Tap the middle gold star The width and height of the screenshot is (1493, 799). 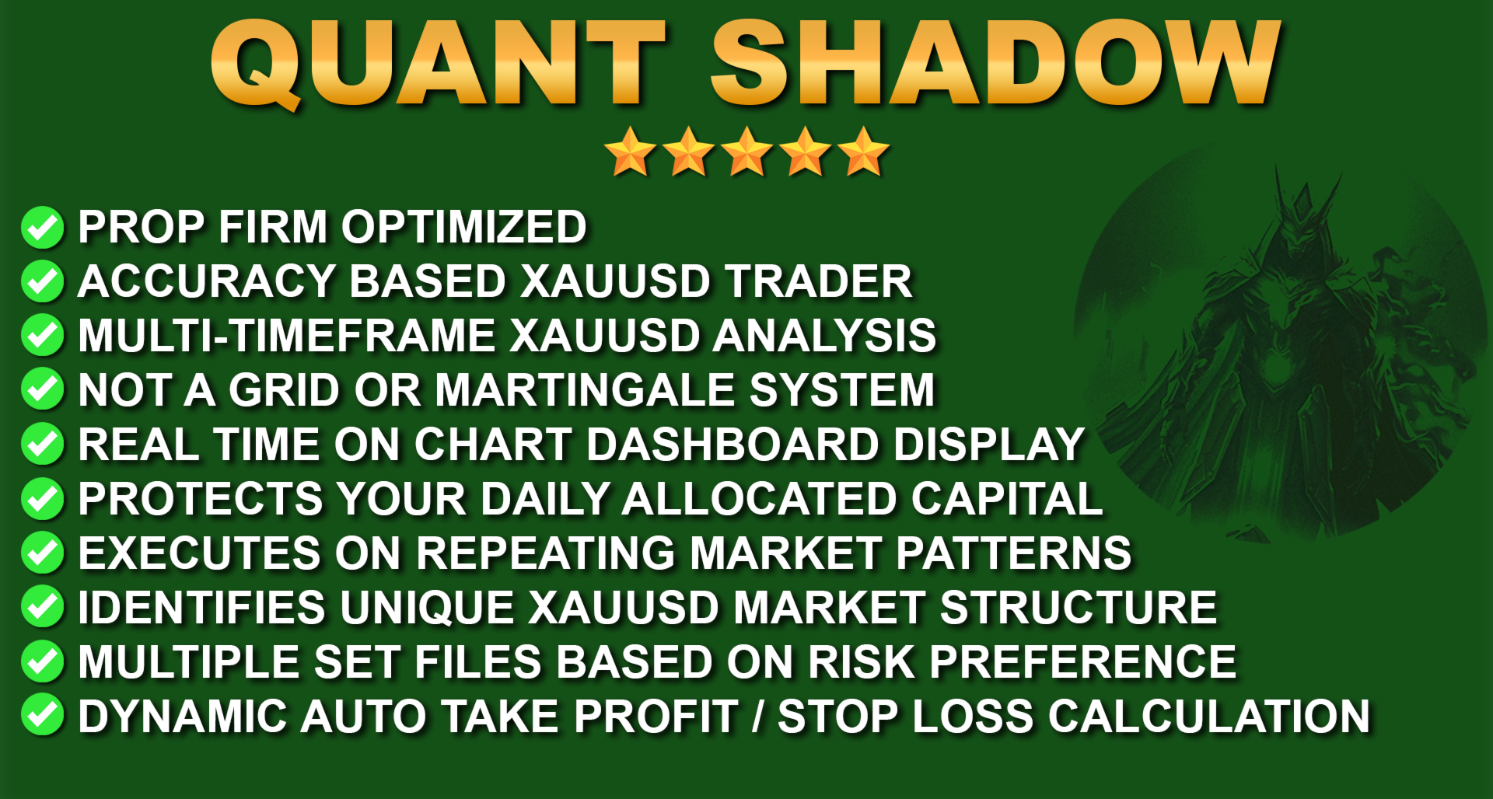[x=746, y=152]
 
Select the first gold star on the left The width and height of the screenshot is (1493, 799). [x=630, y=152]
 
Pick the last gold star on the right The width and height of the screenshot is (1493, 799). [x=863, y=152]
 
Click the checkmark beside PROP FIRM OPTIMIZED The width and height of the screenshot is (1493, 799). [x=43, y=228]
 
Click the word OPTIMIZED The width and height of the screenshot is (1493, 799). [x=464, y=227]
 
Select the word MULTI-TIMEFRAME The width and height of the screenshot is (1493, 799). [x=287, y=336]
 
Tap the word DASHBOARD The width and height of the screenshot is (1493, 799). [x=733, y=445]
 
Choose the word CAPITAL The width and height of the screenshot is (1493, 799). [x=1007, y=499]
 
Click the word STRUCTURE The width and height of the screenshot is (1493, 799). [x=1079, y=608]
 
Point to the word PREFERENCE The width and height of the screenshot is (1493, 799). [x=1083, y=662]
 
